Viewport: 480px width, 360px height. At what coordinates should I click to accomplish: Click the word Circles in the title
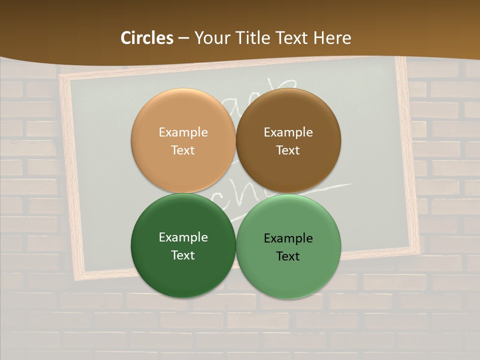[147, 38]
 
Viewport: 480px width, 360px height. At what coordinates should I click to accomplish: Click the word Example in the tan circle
[183, 132]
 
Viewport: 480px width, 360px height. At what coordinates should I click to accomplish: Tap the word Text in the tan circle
[183, 150]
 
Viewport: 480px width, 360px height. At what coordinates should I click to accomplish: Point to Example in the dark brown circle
[288, 132]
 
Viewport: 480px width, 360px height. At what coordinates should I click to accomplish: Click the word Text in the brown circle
[288, 150]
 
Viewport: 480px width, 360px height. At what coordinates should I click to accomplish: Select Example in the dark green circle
[183, 237]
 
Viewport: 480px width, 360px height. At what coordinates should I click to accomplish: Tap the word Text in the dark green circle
[183, 255]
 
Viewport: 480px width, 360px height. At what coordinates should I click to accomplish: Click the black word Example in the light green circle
[288, 238]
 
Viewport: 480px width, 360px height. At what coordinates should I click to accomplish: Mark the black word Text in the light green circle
[288, 256]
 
